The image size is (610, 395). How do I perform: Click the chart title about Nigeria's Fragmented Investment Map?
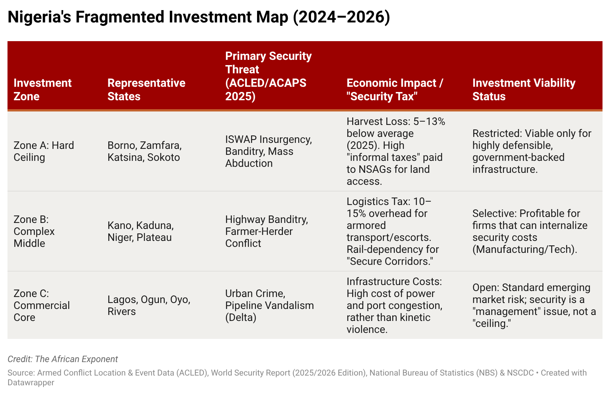199,18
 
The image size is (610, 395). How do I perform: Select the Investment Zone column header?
42,89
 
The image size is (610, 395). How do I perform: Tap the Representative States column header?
146,89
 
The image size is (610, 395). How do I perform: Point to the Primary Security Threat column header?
268,76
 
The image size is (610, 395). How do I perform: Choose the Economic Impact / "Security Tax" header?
395,89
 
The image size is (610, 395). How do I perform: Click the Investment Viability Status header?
523,89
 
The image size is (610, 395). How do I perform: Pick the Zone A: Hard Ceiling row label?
43,151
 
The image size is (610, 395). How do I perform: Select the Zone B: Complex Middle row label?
34,231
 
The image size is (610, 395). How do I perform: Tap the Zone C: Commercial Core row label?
41,305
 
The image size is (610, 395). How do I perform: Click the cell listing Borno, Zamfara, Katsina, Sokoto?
144,151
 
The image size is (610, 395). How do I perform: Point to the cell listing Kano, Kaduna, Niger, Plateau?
140,231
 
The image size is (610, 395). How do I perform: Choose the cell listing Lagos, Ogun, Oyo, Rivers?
149,305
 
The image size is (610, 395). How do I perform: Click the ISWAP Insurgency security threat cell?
268,151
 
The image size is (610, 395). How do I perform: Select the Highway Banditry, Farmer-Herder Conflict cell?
266,231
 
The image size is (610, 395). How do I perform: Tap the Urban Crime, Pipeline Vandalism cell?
269,305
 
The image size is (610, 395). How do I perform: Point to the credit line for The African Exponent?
63,359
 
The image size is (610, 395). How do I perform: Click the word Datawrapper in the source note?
31,383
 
